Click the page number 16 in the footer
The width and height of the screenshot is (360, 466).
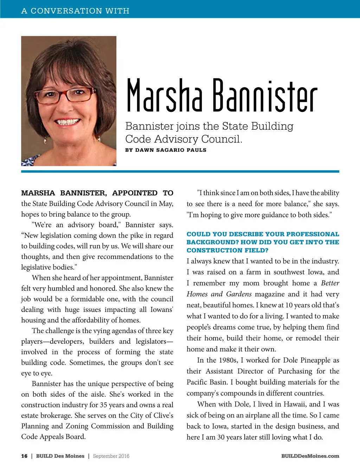click(x=24, y=456)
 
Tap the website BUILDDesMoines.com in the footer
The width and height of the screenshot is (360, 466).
click(x=310, y=456)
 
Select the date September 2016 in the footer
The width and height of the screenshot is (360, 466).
click(x=111, y=456)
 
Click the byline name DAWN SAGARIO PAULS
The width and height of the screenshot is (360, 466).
click(x=171, y=150)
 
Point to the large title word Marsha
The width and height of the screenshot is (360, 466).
click(x=164, y=95)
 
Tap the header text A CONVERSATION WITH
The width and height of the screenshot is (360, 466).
click(x=75, y=11)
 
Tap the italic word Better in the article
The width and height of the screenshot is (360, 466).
click(x=330, y=283)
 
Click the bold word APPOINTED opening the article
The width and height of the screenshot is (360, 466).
click(x=135, y=193)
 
